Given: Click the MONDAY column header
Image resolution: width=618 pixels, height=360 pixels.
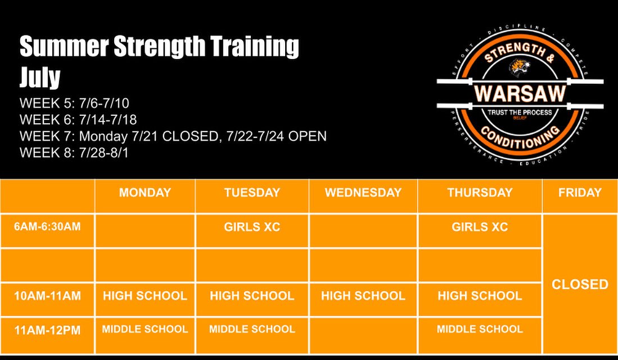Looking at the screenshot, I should coord(145,192).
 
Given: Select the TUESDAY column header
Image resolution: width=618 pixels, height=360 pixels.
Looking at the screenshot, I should coord(252,192).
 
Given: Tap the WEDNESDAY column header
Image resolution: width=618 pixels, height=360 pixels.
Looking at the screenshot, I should coord(363,192).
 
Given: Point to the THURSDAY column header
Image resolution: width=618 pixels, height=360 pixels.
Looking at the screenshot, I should coord(480,192).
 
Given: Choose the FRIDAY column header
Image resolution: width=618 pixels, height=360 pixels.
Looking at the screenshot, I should coord(580,192).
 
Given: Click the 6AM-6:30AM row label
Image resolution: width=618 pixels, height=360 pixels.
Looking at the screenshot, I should coord(48,227).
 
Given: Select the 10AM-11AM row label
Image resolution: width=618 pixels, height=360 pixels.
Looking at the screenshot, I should coord(48,296).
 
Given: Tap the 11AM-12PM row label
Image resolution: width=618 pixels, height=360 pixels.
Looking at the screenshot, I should coord(48,330).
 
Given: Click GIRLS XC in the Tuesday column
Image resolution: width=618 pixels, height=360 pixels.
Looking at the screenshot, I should coord(252,227).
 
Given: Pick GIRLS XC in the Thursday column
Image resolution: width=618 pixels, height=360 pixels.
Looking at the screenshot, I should coord(480,227).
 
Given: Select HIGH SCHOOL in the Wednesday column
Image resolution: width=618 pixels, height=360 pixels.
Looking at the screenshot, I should coord(363,296).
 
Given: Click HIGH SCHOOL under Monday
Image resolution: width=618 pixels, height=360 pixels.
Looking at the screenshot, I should coord(145,296).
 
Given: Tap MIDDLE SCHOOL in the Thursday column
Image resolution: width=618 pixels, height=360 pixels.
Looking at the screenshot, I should coord(480,329).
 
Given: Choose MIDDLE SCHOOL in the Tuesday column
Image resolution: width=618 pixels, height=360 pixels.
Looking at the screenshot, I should coord(252,329).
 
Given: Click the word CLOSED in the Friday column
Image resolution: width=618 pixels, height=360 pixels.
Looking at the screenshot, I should coord(580,284).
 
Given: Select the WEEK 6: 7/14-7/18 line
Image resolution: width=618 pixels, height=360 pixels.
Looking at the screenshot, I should coord(78,120).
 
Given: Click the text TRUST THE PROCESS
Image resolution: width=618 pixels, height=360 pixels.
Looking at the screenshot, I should coord(520,112).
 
